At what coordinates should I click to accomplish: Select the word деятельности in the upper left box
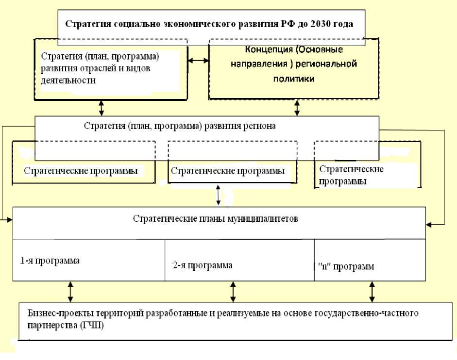tap(68, 81)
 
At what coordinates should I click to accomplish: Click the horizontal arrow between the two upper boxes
tap(198, 61)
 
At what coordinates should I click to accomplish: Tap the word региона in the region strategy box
tap(259, 126)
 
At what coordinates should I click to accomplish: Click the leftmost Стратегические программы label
tap(81, 171)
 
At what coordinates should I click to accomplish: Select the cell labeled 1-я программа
tap(50, 261)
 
